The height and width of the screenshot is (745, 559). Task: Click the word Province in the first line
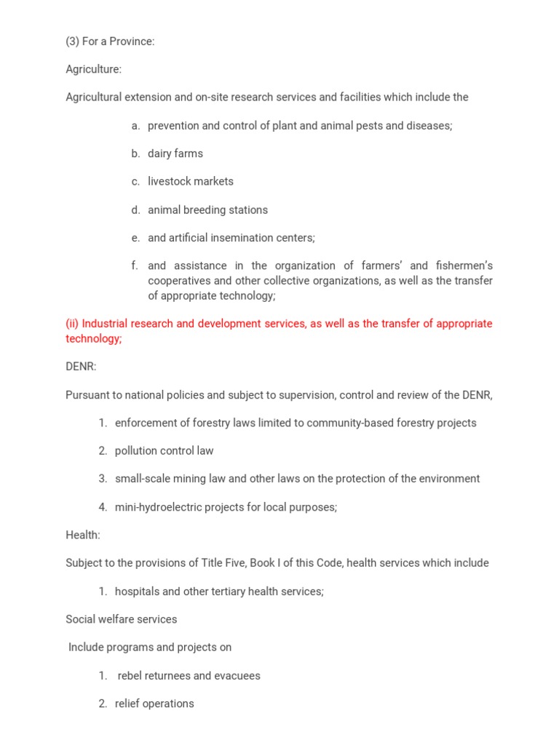(132, 41)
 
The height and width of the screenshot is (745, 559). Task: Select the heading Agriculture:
(93, 69)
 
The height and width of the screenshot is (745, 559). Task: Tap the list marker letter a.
(135, 126)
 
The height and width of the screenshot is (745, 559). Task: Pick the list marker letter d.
(135, 210)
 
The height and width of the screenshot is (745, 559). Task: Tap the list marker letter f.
(135, 266)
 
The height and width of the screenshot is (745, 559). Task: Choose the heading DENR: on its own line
(81, 367)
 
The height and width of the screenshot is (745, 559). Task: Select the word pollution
(137, 450)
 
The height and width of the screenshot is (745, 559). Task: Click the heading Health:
(83, 535)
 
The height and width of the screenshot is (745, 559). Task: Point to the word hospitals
(138, 591)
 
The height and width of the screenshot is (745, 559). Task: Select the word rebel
(131, 675)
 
